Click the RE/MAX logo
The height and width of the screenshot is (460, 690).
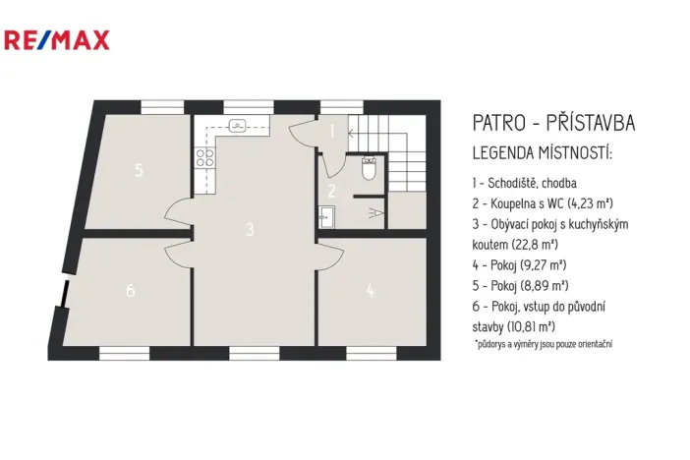coord(57,40)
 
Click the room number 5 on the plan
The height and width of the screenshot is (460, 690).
coord(140,170)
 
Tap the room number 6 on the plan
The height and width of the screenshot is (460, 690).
coord(129,291)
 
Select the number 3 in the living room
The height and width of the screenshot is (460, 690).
coord(251,229)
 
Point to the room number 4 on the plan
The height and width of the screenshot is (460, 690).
coord(370,290)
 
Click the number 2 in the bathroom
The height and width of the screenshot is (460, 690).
coord(332,191)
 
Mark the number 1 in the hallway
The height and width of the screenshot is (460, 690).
coord(332,131)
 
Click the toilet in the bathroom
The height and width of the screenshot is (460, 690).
coord(369,171)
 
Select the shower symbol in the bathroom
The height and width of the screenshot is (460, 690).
coord(373,211)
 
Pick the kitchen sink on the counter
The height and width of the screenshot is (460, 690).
coord(237,125)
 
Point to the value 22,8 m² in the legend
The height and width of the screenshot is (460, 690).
coord(535,244)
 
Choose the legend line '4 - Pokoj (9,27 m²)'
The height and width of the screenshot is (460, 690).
coord(520,264)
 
